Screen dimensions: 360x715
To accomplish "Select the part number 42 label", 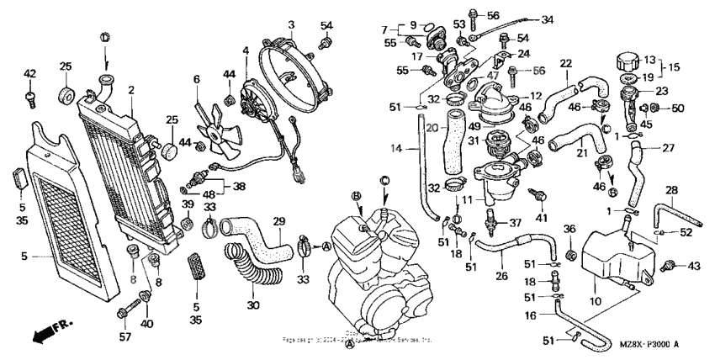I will [30, 74].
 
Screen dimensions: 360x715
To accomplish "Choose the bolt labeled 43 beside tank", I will [670, 266].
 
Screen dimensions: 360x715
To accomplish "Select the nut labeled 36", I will [570, 251].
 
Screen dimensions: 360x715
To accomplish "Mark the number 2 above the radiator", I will [131, 89].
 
